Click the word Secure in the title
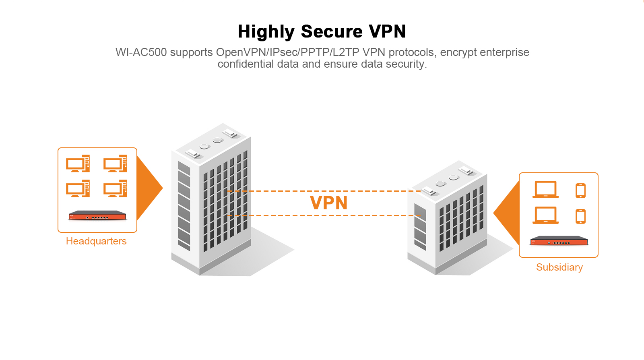(332, 31)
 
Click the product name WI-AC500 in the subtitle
(141, 52)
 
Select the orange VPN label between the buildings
(328, 203)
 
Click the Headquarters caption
(96, 241)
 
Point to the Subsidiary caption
(559, 267)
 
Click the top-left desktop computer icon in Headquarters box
(78, 163)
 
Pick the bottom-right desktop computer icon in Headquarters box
(115, 188)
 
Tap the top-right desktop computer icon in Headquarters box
(115, 163)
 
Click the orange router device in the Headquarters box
(97, 215)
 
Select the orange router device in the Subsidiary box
(559, 241)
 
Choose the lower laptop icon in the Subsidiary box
(545, 215)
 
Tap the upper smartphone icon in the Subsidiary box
(580, 190)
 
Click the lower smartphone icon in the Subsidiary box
(580, 216)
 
